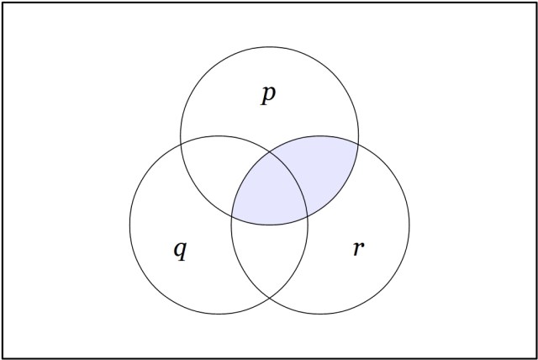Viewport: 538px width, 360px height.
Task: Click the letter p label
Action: tap(268, 94)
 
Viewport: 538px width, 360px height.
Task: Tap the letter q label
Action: tap(180, 250)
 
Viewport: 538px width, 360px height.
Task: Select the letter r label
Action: tap(358, 249)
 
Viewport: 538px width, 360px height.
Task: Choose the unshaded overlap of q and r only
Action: tap(269, 261)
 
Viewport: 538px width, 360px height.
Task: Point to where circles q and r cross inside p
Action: tap(269, 152)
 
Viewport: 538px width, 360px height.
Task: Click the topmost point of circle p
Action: tap(269, 47)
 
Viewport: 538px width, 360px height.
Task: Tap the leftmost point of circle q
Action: tap(129, 225)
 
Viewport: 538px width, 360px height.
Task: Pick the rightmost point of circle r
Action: tap(409, 225)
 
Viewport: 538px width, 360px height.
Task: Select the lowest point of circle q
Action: tap(219, 314)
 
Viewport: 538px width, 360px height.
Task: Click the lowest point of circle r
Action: tap(320, 314)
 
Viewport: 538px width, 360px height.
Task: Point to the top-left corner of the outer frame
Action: tap(3, 3)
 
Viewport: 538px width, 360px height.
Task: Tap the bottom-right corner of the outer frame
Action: tap(535, 357)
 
